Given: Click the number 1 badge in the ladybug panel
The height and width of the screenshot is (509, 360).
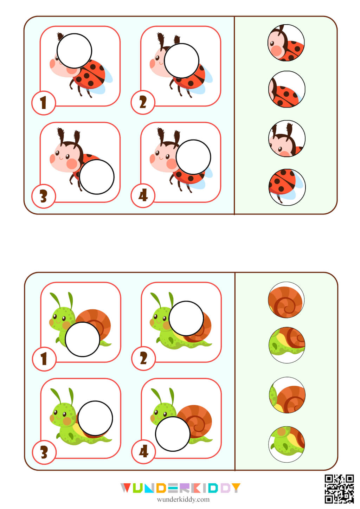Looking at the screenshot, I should tap(44, 103).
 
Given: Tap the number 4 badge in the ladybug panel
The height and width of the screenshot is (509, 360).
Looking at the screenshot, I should tap(143, 196).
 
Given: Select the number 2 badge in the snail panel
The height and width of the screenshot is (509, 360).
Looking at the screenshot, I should tap(143, 359).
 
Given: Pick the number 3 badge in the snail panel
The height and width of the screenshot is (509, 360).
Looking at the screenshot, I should tap(44, 452).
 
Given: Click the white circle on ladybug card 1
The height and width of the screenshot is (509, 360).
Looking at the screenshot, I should tap(74, 51).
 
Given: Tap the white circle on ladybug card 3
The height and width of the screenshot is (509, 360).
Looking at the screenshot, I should tap(97, 176).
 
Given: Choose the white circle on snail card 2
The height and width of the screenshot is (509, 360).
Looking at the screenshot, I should tap(186, 318).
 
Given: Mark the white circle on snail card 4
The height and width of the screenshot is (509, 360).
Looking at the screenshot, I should tap(173, 434).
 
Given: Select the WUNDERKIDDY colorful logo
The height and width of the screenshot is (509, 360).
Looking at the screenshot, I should tap(180, 488).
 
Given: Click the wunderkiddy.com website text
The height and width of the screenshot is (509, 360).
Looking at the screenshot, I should tap(183, 500).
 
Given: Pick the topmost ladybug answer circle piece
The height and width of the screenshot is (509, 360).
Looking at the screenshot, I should tap(286, 43).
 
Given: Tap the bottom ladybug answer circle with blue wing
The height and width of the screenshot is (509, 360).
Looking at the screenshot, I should tap(287, 187).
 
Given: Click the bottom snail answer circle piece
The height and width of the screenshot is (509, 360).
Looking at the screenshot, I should tap(287, 444).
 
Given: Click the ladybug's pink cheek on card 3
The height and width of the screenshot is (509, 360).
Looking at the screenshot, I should tap(72, 164).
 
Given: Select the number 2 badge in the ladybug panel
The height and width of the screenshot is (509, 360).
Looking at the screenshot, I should tap(143, 103).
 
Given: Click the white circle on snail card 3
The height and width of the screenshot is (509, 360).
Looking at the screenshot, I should tap(95, 418).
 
